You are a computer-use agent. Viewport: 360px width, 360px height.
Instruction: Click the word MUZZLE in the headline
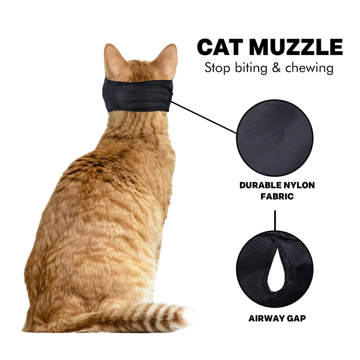pyautogui.click(x=296, y=47)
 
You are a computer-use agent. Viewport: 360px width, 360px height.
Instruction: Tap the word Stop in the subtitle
pyautogui.click(x=217, y=68)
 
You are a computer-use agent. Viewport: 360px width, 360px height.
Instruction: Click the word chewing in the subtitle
pyautogui.click(x=309, y=68)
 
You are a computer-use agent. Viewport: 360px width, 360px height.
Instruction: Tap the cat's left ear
pyautogui.click(x=113, y=60)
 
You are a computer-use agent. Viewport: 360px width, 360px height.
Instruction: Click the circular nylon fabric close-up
pyautogui.click(x=275, y=138)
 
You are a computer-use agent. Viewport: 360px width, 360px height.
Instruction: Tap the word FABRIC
pyautogui.click(x=277, y=197)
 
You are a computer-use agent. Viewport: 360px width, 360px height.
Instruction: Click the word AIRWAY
pyautogui.click(x=267, y=319)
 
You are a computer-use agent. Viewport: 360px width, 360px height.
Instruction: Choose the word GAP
pyautogui.click(x=297, y=319)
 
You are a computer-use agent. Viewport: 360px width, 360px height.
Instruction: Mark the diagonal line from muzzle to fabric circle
pyautogui.click(x=204, y=117)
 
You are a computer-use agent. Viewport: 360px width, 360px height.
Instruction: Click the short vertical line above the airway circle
pyautogui.click(x=275, y=220)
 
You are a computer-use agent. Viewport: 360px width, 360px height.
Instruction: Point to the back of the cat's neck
pyautogui.click(x=138, y=124)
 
